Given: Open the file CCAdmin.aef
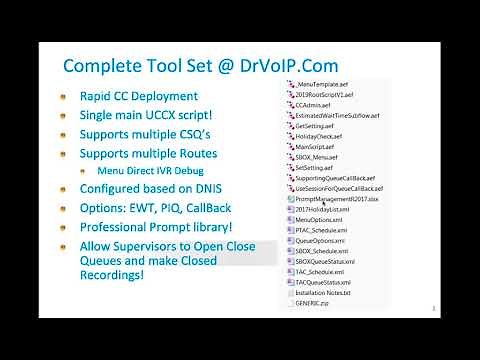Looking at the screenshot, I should [317, 103].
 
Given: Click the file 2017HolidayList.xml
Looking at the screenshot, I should [324, 209].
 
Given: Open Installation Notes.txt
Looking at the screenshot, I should [324, 292].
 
